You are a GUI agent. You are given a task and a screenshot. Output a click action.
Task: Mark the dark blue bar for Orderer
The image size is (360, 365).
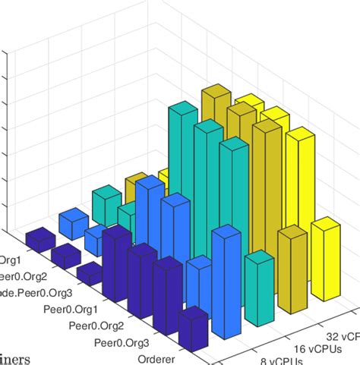193,330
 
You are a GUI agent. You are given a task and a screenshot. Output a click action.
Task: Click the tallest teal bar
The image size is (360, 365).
182,175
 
